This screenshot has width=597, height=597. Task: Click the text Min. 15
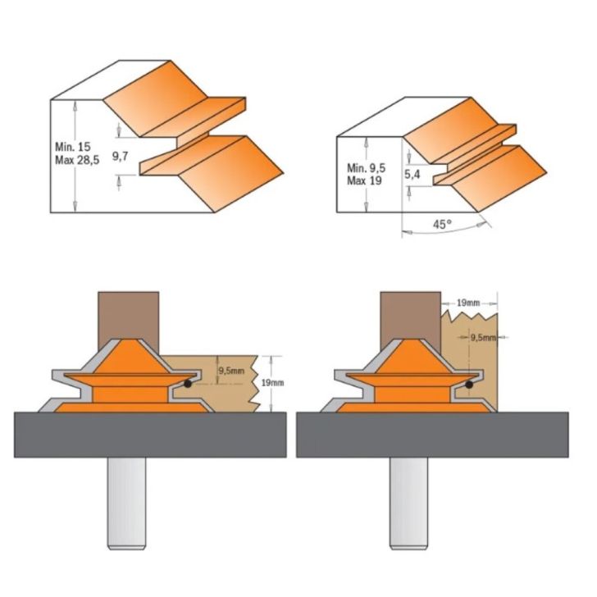coord(72,145)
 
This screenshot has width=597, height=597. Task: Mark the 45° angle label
coord(443,223)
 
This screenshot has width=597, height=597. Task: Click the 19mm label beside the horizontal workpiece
coord(275,383)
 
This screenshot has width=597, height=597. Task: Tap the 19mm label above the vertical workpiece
coord(469,303)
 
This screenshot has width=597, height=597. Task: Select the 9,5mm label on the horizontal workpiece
coord(231,370)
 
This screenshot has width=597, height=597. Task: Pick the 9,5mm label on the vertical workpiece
coord(484,335)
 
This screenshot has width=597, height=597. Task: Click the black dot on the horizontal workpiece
coord(189,383)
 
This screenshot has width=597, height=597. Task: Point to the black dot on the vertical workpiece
coord(469,383)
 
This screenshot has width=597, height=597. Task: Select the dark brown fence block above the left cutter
coord(128,316)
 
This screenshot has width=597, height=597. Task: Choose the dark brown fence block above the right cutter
coord(408,316)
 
